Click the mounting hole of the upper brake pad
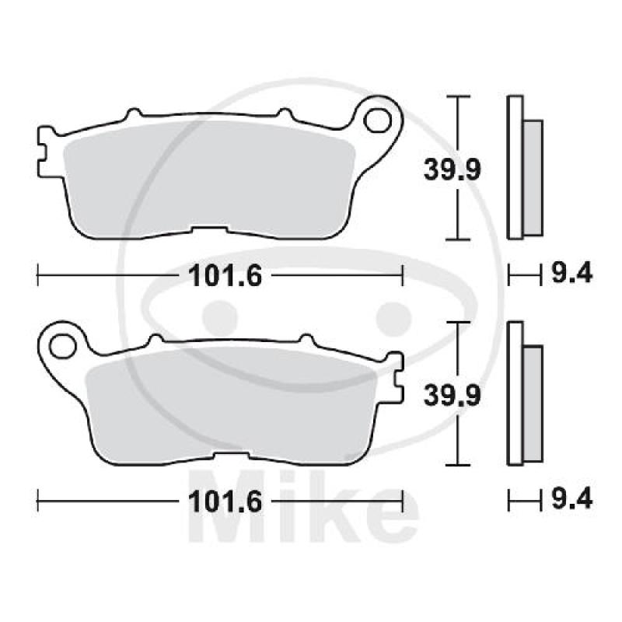coord(377,121)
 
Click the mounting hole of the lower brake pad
coord(63,347)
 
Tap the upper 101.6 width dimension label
coord(225,276)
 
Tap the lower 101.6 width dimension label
coord(225,501)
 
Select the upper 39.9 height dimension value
coord(453,169)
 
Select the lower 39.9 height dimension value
coord(453,396)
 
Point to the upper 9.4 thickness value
coord(572,273)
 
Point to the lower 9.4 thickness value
coord(572,498)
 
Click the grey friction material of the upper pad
coord(209,180)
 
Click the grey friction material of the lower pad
coord(231,407)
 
